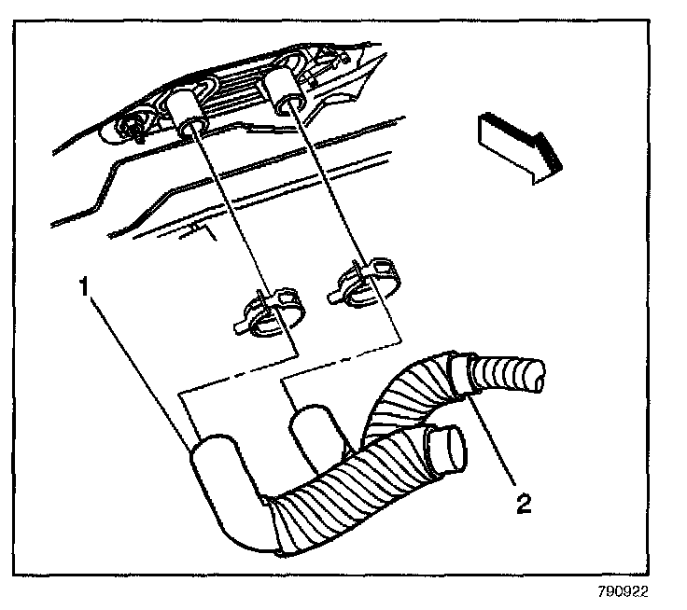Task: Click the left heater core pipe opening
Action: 189,125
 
